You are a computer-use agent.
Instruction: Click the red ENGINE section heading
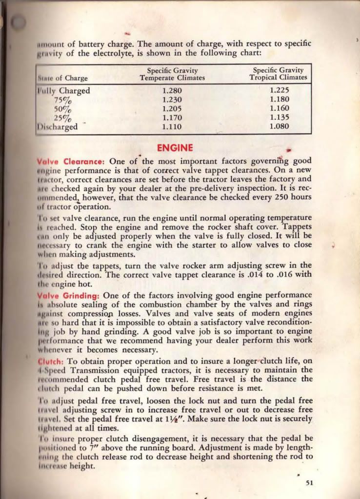pyautogui.click(x=176, y=148)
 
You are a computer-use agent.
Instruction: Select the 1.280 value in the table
pyautogui.click(x=172, y=91)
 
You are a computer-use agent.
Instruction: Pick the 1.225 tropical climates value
pyautogui.click(x=279, y=91)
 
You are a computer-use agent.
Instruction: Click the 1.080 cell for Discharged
pyautogui.click(x=279, y=127)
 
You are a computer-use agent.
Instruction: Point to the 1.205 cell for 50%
pyautogui.click(x=172, y=109)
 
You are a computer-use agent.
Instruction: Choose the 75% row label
pyautogui.click(x=63, y=100)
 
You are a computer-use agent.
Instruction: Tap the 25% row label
pyautogui.click(x=63, y=118)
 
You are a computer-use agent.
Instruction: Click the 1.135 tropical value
pyautogui.click(x=279, y=118)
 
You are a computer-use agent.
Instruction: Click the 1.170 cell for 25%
pyautogui.click(x=172, y=118)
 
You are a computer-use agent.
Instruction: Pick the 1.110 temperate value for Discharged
pyautogui.click(x=172, y=127)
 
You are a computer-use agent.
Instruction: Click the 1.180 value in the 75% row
pyautogui.click(x=279, y=100)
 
